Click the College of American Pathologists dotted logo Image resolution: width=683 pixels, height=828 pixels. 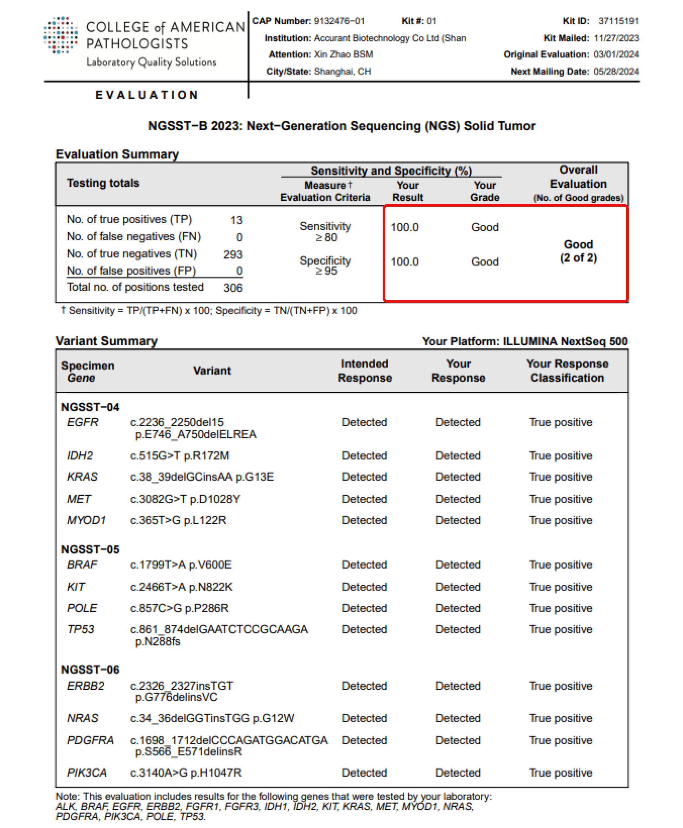pos(60,35)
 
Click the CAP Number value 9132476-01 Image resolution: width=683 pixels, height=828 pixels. pos(339,21)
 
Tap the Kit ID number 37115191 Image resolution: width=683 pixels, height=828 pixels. pos(618,21)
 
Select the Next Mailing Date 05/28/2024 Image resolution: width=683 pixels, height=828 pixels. pos(616,71)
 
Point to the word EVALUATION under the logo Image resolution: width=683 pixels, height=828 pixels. pos(147,95)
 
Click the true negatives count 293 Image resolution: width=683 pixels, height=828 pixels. pos(233,254)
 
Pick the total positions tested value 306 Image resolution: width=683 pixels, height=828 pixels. pos(233,287)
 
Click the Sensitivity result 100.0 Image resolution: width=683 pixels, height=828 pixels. pos(404,227)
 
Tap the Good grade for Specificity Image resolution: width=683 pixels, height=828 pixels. pos(485,262)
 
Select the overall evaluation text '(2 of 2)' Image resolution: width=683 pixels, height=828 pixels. pos(578,258)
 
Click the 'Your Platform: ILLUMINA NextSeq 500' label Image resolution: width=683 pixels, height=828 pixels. pos(524,341)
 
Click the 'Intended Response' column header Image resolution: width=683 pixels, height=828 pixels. pos(365,371)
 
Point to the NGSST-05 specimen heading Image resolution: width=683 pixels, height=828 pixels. pos(90,549)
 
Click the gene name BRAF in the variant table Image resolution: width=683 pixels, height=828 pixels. pos(82,564)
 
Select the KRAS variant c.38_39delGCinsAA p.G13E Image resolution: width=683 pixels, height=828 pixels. pos(202,477)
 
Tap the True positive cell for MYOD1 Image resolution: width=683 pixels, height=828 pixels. pos(560,520)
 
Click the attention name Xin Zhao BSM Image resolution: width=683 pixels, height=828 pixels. pos(343,54)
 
